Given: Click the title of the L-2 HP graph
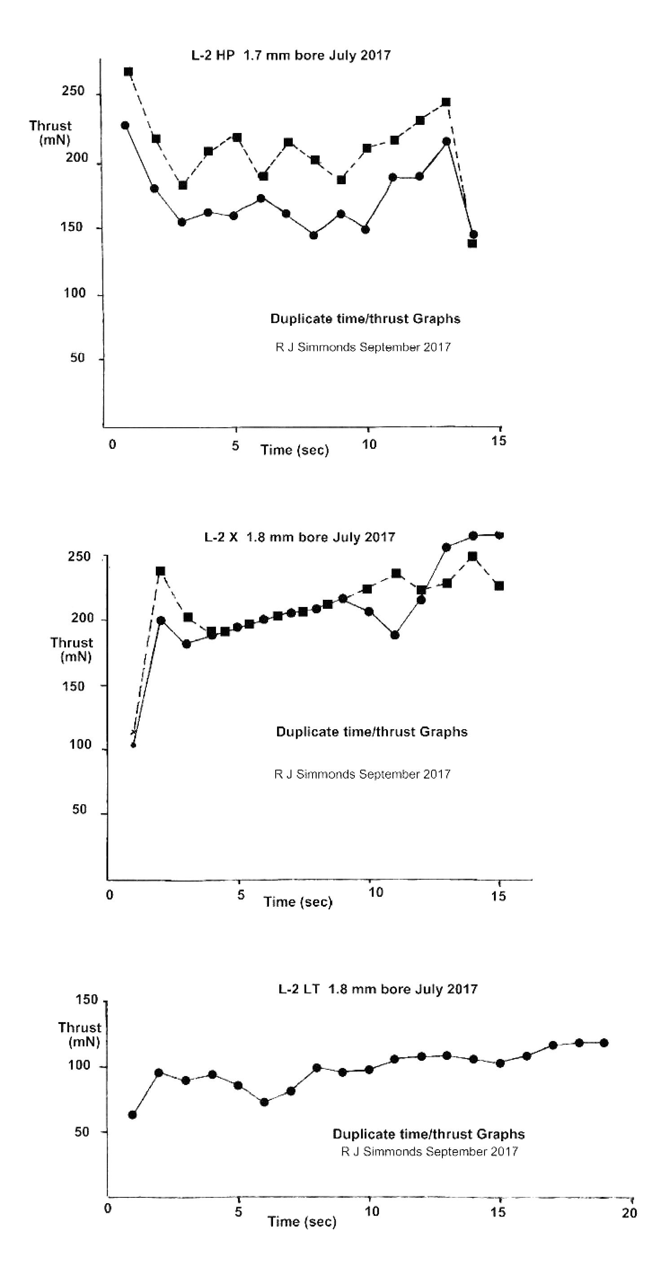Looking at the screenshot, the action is coord(291,55).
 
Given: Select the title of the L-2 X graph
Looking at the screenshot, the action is coord(300,536).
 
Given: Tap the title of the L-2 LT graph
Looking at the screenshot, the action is coord(378,988).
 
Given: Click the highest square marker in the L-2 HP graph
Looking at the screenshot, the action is coord(128,72).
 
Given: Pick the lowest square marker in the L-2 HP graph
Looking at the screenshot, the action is coord(472,243).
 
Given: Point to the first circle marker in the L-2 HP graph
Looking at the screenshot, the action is coord(125,125).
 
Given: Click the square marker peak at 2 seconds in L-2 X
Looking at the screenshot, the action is coord(160,571).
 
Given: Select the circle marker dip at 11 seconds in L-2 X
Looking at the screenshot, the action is coord(395,635).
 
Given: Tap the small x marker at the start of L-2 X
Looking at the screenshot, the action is coord(133,732).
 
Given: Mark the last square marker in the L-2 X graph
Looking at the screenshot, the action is coord(499,586).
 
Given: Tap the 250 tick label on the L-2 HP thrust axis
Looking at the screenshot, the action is coord(73,91).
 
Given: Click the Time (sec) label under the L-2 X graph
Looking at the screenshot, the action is coord(298,902).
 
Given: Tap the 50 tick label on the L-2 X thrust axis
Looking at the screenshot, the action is coord(79,809).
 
